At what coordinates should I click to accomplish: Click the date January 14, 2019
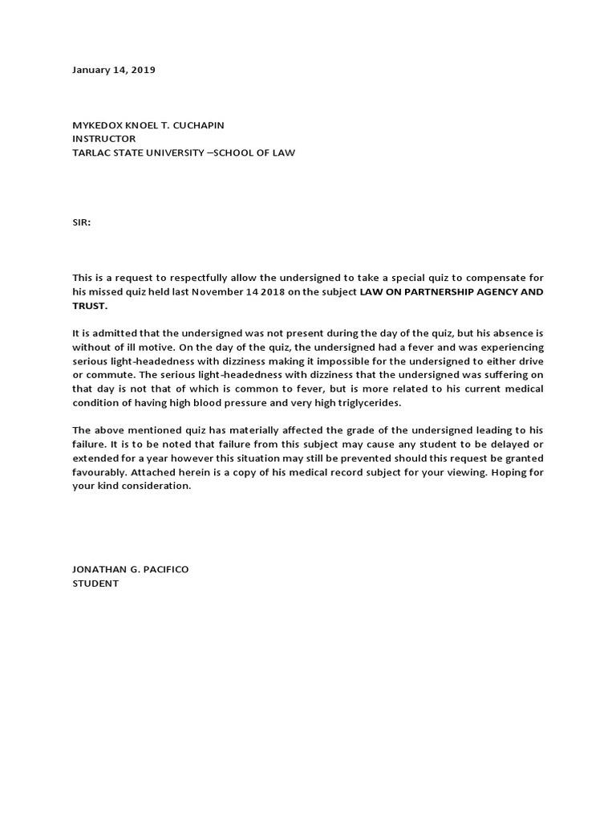click(114, 70)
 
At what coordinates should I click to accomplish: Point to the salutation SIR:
click(82, 222)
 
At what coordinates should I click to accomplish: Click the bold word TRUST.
click(89, 306)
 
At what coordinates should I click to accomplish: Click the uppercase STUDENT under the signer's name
click(95, 584)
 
